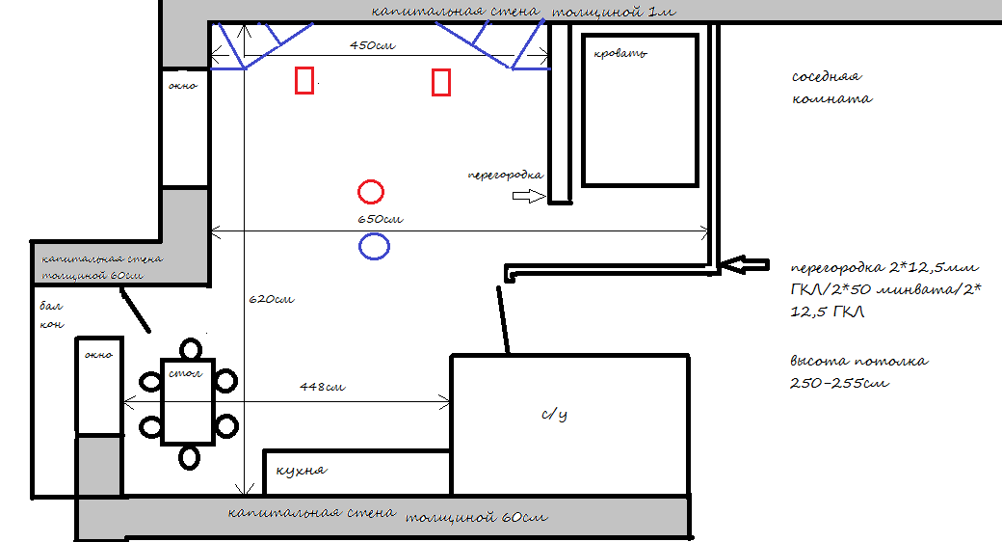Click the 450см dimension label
(373, 45)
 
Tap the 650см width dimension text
(381, 219)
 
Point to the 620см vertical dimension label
(272, 299)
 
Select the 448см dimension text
(323, 387)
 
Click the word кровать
(620, 54)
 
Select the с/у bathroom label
(554, 415)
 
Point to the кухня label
(302, 471)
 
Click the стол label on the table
(185, 372)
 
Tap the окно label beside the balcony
(98, 355)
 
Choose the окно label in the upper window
(183, 86)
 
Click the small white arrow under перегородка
(529, 197)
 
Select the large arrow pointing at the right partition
(745, 264)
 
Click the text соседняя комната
(832, 88)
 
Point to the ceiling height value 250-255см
(840, 383)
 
